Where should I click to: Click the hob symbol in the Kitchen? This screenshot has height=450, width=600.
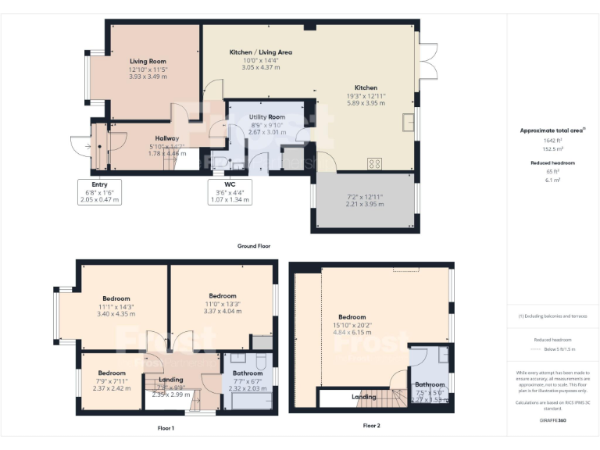[x=374, y=163]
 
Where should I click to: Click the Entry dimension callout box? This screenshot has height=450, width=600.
[x=99, y=191]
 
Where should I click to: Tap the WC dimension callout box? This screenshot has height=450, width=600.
[x=230, y=191]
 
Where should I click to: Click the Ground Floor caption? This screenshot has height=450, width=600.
[x=254, y=246]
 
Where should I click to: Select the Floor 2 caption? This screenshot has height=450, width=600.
[x=372, y=426]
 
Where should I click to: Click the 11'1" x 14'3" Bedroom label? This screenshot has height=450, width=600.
[x=116, y=298]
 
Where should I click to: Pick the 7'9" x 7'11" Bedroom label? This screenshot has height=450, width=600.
[x=112, y=373]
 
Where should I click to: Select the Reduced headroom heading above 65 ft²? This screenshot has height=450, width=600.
[x=552, y=162]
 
